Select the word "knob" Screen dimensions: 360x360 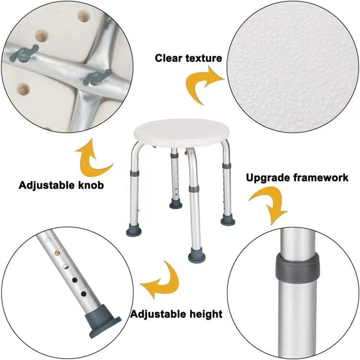(x=91, y=185)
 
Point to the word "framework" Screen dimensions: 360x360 (x=318, y=178)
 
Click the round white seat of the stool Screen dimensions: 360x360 (x=181, y=132)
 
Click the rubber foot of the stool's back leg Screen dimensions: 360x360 (x=176, y=204)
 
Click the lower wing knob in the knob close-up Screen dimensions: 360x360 (x=97, y=78)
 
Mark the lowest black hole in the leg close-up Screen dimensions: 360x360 (x=84, y=294)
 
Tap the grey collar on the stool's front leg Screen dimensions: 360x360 (x=194, y=189)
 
